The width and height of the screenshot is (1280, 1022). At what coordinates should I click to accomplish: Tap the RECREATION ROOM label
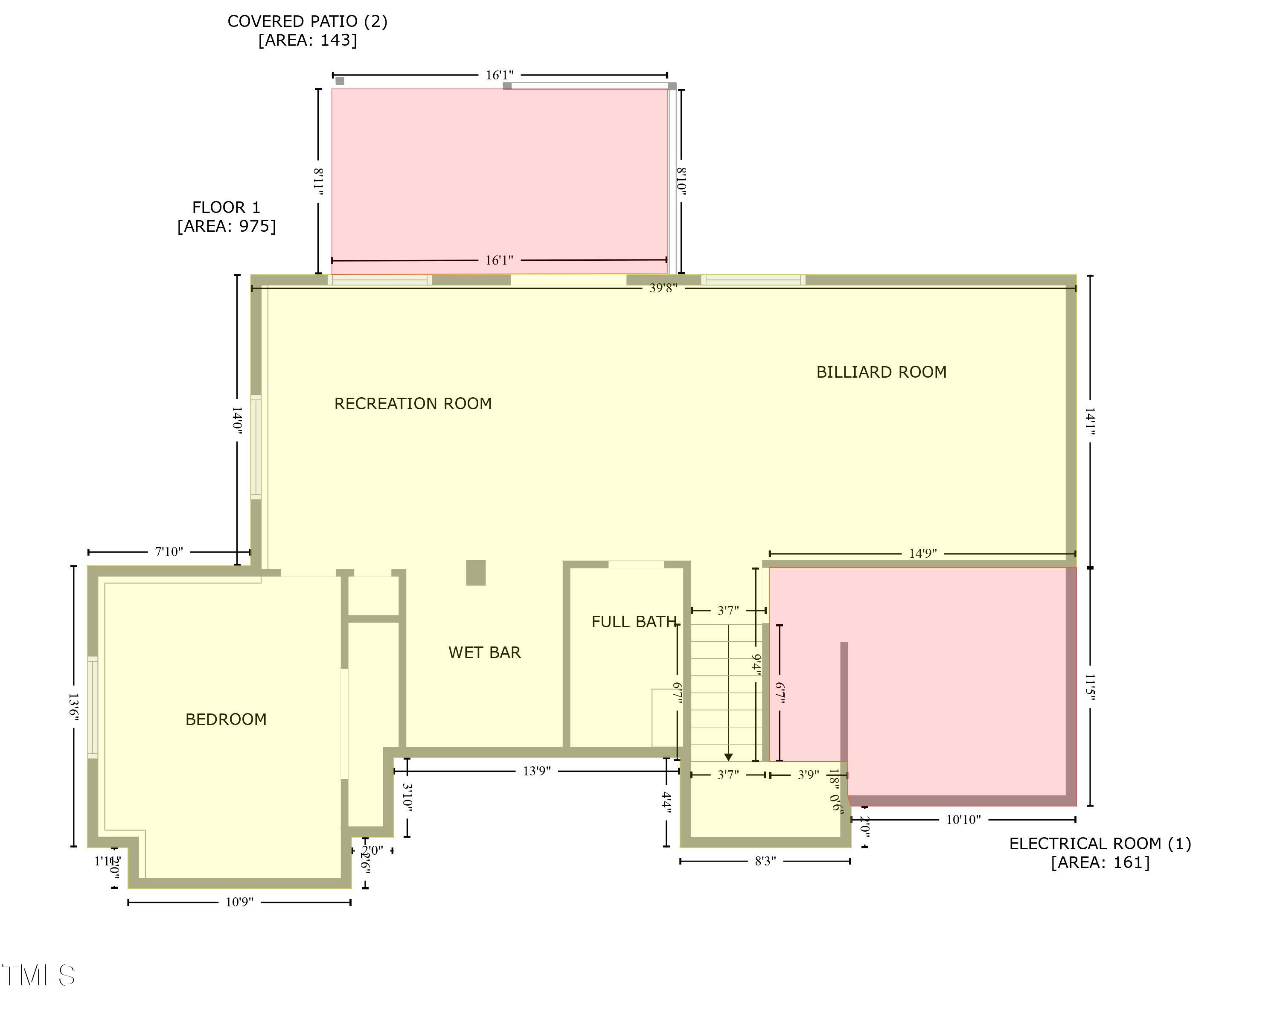(x=413, y=404)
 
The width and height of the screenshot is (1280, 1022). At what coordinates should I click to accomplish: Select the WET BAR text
(x=484, y=652)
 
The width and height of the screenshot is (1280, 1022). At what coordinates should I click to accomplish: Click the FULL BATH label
(x=634, y=622)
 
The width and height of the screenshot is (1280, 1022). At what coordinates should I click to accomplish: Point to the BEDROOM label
(x=226, y=720)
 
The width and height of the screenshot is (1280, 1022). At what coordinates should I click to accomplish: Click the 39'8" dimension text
(x=663, y=288)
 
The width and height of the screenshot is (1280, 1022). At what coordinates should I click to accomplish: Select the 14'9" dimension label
(x=922, y=553)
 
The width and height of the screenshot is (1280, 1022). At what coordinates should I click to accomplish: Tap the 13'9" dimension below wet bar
(x=537, y=772)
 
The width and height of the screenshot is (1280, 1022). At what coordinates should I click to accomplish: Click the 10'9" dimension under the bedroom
(x=239, y=903)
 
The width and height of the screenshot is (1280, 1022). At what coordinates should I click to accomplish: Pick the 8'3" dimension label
(x=765, y=861)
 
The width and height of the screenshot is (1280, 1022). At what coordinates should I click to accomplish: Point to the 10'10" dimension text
(x=963, y=820)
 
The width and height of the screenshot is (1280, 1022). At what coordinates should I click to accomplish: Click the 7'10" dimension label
(x=169, y=552)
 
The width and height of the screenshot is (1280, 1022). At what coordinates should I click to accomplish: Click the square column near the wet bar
(x=476, y=573)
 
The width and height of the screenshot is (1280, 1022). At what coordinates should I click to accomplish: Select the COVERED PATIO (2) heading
(x=308, y=21)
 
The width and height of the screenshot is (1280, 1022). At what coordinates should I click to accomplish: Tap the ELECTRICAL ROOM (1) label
(x=1100, y=844)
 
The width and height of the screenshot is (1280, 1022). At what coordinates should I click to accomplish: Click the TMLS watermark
(x=38, y=975)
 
